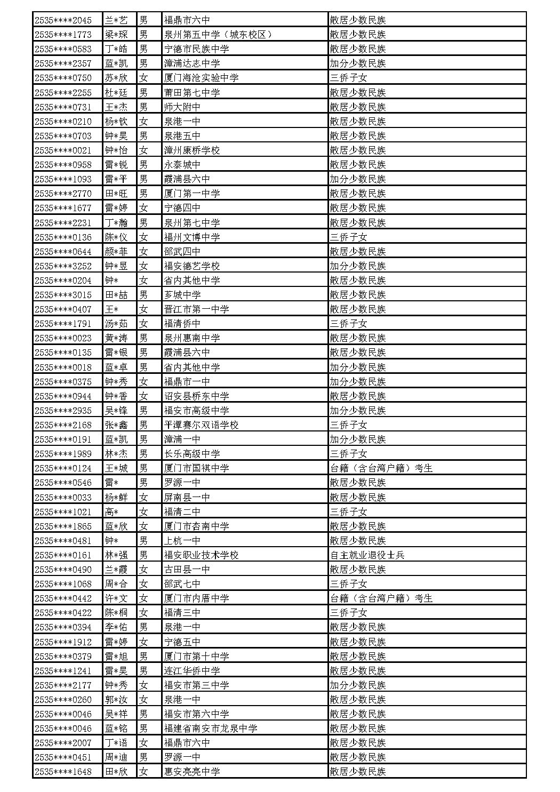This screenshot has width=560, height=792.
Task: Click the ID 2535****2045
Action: point(63,20)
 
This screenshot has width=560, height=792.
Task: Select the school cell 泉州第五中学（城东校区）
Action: point(219,35)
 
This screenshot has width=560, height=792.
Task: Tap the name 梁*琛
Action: point(116,35)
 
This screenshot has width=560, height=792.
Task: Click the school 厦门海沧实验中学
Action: point(201,78)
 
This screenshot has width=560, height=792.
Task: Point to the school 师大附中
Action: point(182,107)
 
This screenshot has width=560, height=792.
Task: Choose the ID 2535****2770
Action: point(63,194)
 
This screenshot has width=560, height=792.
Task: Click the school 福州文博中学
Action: point(192,237)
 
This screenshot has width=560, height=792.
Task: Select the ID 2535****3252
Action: point(63,266)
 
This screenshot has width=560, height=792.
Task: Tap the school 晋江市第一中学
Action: point(197,309)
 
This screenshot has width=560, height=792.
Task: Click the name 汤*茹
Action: point(116,323)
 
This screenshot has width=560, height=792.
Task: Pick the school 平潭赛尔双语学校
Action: point(201,425)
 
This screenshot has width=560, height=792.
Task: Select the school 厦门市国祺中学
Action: point(197,468)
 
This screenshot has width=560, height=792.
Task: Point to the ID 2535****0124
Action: point(63,468)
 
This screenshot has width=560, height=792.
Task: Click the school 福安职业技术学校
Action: point(201,555)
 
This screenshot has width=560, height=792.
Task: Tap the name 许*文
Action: point(116,598)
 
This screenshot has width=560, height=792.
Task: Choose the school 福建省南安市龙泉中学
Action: point(211,728)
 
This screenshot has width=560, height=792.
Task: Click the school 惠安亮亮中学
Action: point(192,771)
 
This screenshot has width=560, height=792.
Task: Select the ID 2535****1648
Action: point(63,771)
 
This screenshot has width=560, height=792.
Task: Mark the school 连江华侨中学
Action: point(192,670)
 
